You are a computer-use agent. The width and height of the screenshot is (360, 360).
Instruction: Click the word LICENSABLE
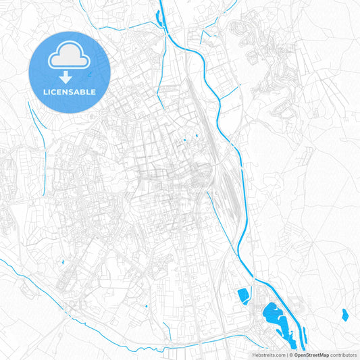(x=70, y=91)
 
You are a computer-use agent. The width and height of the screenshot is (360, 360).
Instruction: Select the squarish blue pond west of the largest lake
(x=243, y=294)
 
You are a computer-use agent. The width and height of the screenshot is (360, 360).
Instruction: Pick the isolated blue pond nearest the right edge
(x=345, y=313)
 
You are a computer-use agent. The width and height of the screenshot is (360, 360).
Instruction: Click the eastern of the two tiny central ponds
(x=197, y=138)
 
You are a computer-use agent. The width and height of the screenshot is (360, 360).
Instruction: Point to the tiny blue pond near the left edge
(x=62, y=261)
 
